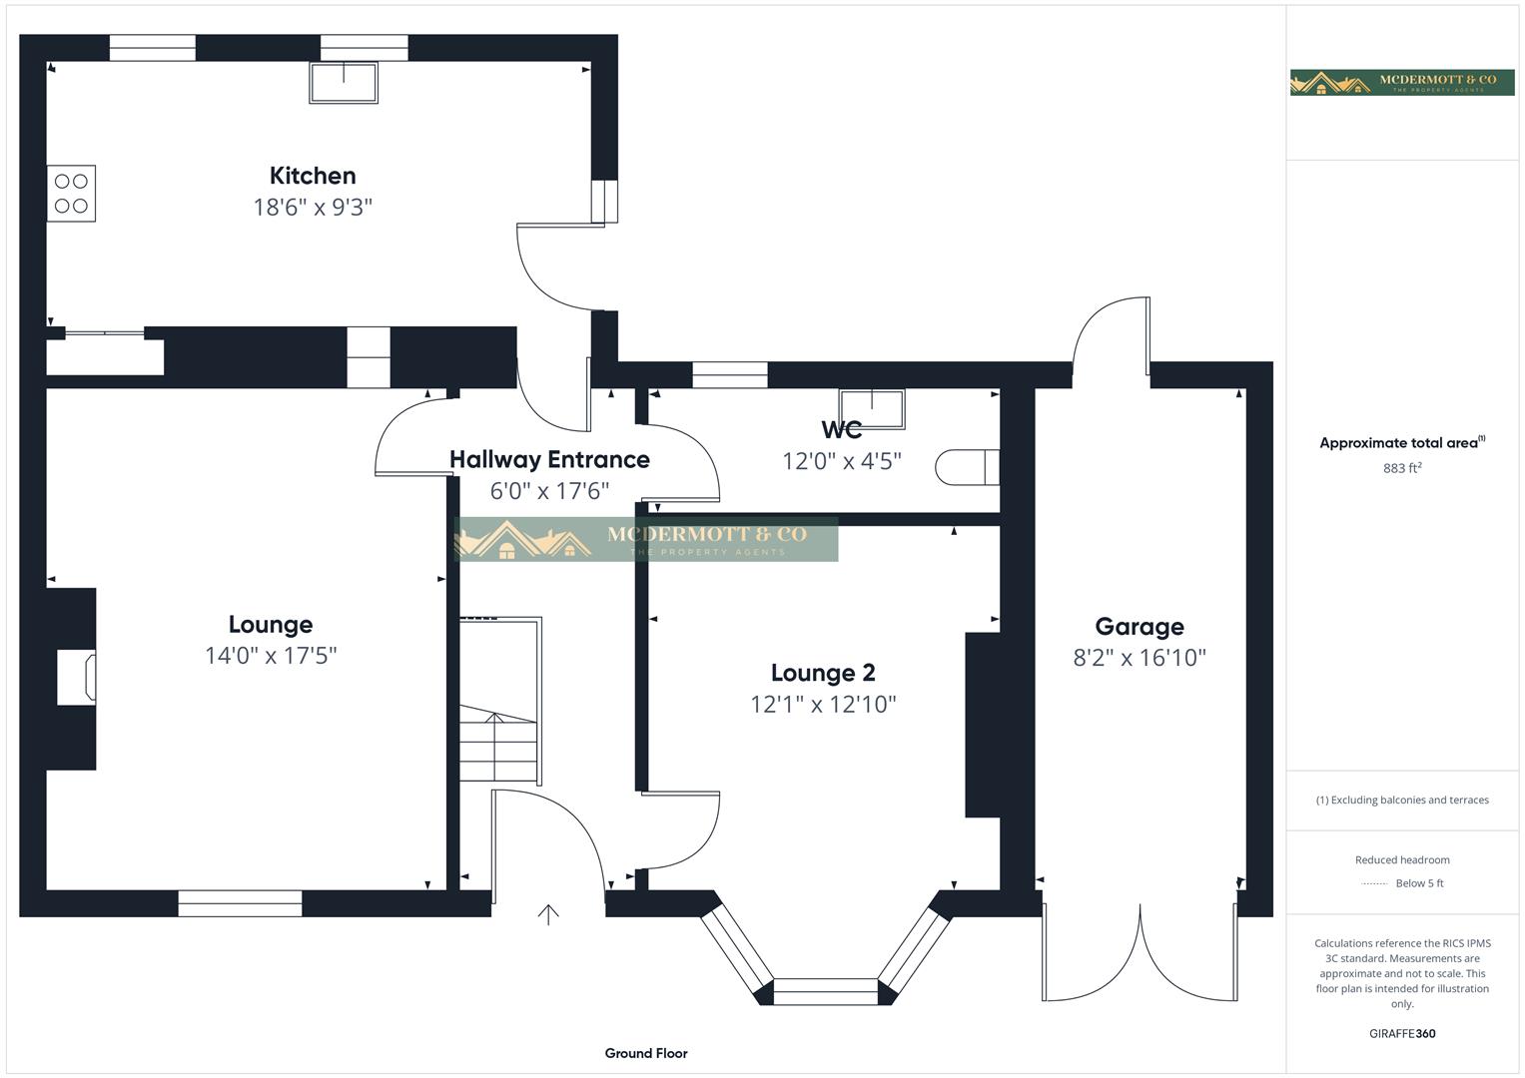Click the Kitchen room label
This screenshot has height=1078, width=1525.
[313, 176]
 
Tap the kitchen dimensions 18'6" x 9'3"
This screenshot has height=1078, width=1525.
[313, 208]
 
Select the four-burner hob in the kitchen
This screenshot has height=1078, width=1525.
[71, 194]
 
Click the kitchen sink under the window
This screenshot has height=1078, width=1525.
[344, 83]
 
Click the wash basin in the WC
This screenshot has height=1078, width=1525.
[872, 408]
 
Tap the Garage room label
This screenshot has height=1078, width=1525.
[1140, 627]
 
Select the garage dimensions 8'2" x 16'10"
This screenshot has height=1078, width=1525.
[1140, 658]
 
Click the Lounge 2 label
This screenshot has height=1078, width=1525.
[823, 673]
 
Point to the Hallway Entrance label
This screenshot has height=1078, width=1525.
[549, 459]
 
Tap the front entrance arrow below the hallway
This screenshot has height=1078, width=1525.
[548, 914]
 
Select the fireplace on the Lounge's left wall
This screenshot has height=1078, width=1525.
[75, 678]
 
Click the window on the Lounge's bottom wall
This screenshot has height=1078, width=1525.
[240, 903]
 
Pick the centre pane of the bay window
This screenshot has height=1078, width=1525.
[826, 991]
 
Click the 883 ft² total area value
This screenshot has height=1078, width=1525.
[1402, 468]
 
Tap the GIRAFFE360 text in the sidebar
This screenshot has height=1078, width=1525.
[1402, 1034]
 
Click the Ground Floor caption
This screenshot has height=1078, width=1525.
[646, 1053]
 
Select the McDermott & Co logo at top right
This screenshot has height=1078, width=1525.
[1402, 82]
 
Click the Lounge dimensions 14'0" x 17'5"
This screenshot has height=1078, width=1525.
[271, 656]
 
